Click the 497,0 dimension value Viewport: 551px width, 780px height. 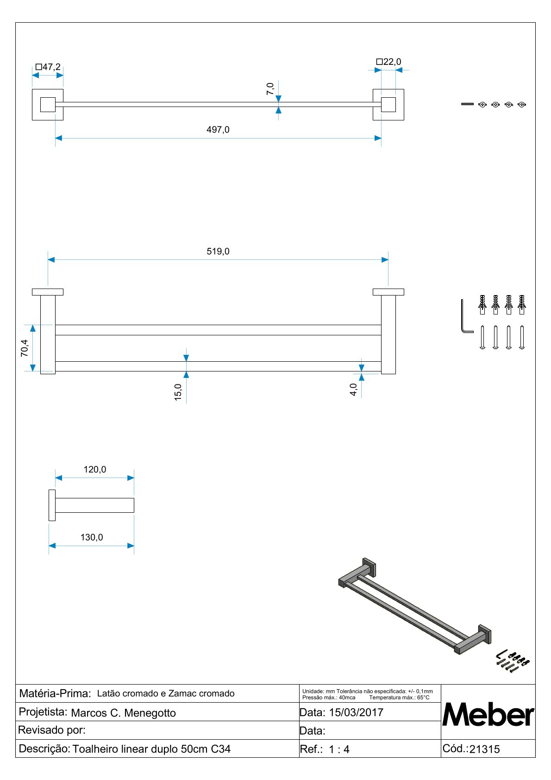(218, 130)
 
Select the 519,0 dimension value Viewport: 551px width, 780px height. (218, 252)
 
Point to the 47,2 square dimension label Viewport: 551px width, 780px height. (48, 67)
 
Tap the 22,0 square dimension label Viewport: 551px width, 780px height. (389, 62)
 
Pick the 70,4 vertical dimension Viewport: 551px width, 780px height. (25, 348)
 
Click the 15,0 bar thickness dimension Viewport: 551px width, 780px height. (178, 392)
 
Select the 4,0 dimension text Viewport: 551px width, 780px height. (354, 390)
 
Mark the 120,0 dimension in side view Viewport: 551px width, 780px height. (94, 470)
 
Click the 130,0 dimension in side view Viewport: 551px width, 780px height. (92, 537)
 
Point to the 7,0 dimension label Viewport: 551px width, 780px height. (270, 88)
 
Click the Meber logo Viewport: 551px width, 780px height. (488, 715)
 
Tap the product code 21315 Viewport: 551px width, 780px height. (484, 749)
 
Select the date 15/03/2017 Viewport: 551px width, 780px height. (356, 712)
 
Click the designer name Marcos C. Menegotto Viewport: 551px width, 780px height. (123, 713)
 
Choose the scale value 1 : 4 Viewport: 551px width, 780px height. (339, 749)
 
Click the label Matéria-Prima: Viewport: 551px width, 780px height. (55, 693)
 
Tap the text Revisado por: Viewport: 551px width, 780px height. (52, 730)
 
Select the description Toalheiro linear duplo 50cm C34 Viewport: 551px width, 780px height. (151, 749)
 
